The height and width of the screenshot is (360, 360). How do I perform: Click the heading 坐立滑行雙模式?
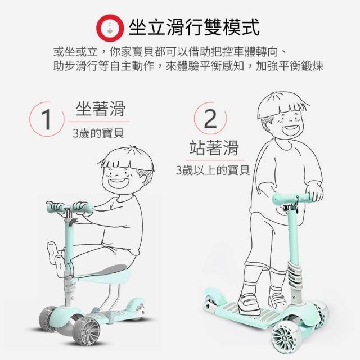(x=194, y=28)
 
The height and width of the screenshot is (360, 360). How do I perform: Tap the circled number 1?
(x=47, y=119)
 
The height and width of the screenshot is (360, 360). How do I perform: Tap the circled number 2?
(x=210, y=119)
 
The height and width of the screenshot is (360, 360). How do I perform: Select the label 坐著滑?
(x=100, y=109)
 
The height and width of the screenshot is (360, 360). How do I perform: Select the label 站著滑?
(x=214, y=148)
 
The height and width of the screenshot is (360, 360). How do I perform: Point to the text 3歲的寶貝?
(x=98, y=133)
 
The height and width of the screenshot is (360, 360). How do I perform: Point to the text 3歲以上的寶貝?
(x=213, y=170)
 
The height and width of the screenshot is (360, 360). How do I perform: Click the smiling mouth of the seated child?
(x=118, y=182)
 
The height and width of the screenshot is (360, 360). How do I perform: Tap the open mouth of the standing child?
(x=291, y=130)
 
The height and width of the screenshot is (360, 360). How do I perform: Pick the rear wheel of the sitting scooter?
(x=138, y=308)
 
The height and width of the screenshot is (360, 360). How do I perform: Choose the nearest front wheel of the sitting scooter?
(x=86, y=330)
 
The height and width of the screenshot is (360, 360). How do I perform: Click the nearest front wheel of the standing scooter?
(x=283, y=337)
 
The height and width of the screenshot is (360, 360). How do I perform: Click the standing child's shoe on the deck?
(x=250, y=301)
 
